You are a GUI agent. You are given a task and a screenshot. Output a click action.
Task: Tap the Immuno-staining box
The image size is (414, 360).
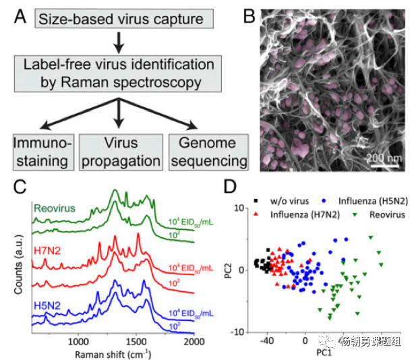(x=41, y=152)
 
